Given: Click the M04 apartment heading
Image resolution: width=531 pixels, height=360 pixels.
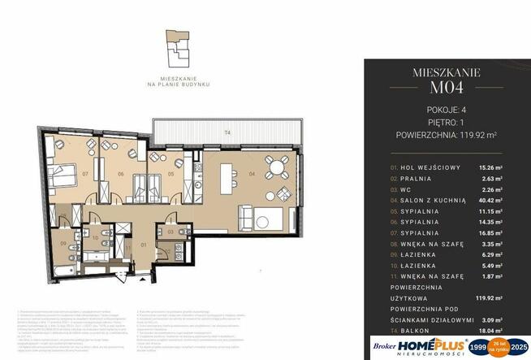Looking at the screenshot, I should coord(447,89).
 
